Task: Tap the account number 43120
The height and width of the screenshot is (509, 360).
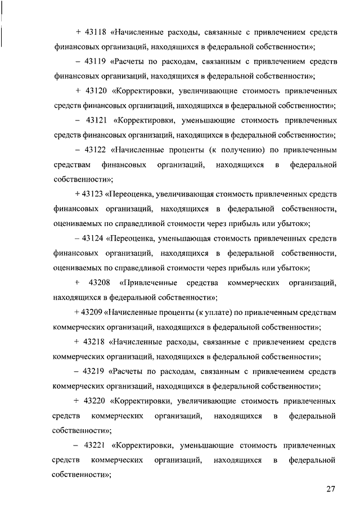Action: pyautogui.click(x=96, y=90)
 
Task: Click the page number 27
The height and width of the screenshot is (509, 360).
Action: pyautogui.click(x=331, y=489)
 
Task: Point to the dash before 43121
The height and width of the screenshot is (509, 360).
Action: pyautogui.click(x=76, y=120)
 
